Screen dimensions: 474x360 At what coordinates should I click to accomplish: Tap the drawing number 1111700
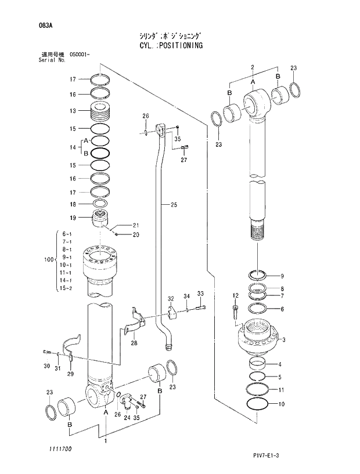click(x=53, y=448)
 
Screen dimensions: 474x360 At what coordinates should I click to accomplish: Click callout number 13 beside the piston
click(x=73, y=111)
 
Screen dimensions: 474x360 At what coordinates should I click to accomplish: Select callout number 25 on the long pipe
click(x=174, y=204)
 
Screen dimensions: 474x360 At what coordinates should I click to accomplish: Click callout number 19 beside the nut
click(x=73, y=218)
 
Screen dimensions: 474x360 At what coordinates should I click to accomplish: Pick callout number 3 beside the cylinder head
click(x=284, y=341)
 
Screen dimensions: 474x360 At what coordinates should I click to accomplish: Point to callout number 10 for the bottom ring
click(x=282, y=404)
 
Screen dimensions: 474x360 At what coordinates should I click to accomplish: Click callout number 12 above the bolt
click(x=235, y=295)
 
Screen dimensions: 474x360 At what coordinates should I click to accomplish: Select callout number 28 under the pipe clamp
click(x=134, y=343)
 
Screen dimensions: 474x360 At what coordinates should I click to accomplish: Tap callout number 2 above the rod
click(x=253, y=68)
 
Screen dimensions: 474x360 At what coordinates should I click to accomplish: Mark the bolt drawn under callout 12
click(x=236, y=312)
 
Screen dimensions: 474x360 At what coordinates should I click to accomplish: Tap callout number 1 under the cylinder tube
click(x=105, y=441)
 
